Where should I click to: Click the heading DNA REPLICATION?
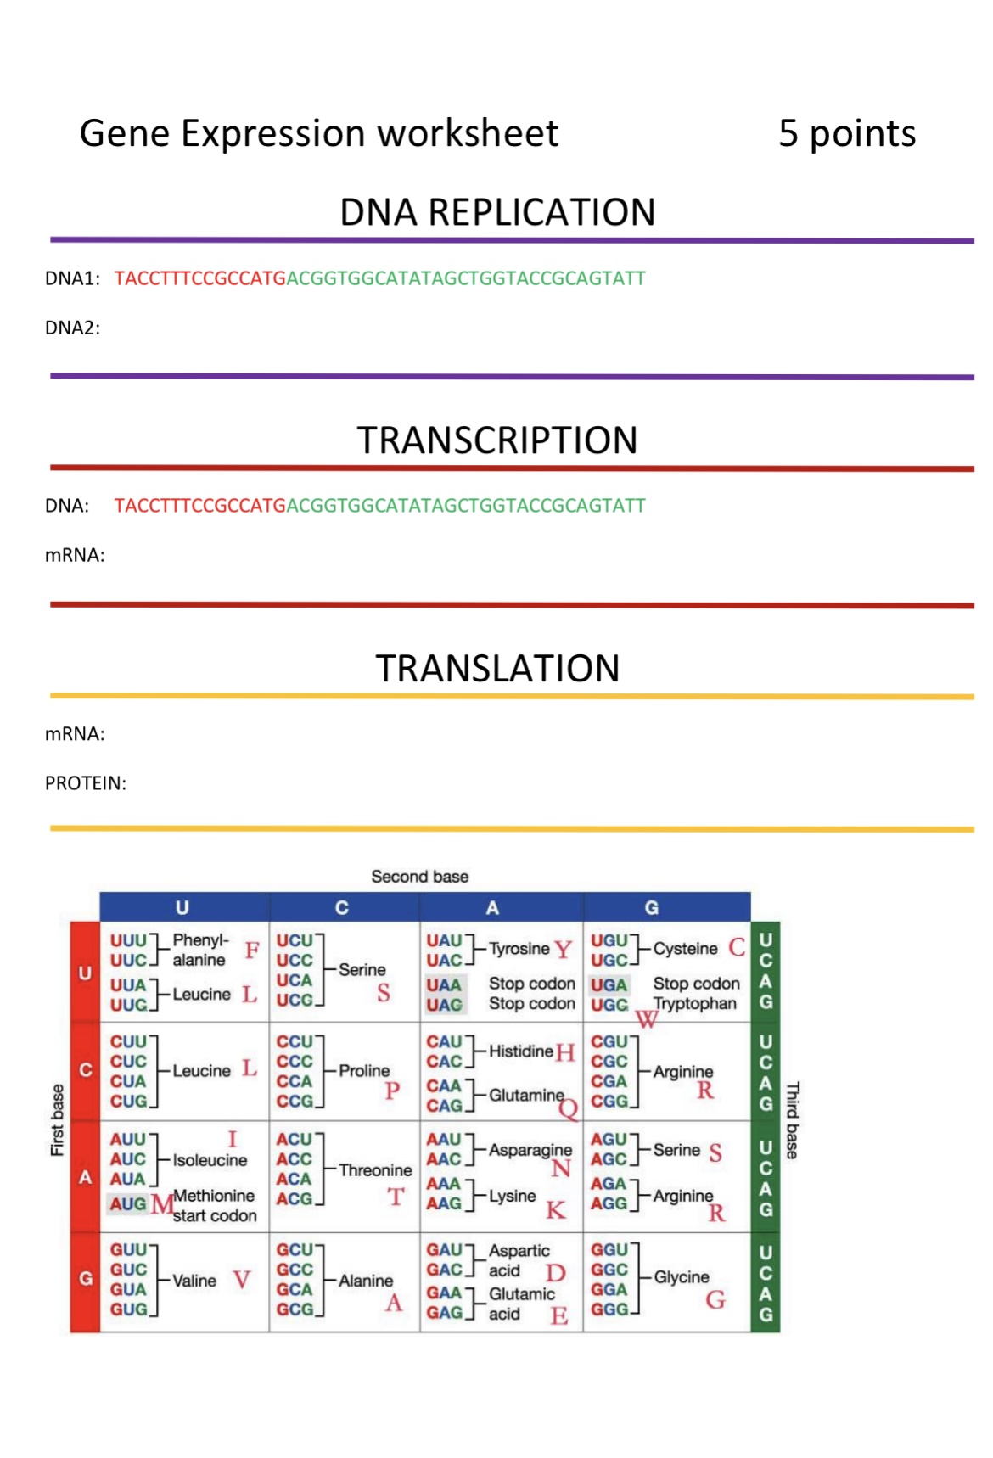point(497,212)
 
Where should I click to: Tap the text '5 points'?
point(846,133)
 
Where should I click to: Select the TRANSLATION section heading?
point(497,668)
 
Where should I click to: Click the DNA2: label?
point(72,328)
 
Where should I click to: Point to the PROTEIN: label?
point(85,782)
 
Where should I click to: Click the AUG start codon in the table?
point(128,1203)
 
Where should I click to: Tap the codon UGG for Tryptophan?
point(609,1005)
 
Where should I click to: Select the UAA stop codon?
point(444,984)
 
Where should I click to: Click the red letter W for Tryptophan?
point(646,1020)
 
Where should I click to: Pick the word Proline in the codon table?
point(364,1070)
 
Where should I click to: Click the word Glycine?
point(681,1276)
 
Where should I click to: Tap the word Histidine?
point(520,1051)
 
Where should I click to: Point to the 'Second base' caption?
point(419,876)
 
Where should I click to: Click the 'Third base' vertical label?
point(792,1120)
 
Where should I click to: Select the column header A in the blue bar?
point(492,907)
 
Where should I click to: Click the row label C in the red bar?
point(85,1070)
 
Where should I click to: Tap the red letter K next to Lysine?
point(555,1210)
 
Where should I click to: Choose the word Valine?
point(194,1280)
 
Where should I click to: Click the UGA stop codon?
point(609,984)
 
